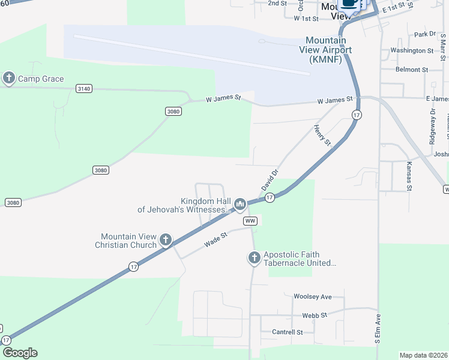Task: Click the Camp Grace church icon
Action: click(8, 78)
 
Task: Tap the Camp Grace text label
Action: click(41, 79)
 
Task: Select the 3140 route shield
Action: click(84, 89)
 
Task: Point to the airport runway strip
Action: click(192, 54)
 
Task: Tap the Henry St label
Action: click(322, 135)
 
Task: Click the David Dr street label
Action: click(270, 180)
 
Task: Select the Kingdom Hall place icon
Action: click(240, 205)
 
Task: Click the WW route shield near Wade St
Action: click(251, 221)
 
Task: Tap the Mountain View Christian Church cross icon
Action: click(166, 241)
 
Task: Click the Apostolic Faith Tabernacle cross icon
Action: click(254, 258)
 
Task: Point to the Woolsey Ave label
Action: click(312, 297)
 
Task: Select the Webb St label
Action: click(315, 315)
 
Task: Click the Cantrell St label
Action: click(288, 332)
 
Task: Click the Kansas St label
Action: click(409, 176)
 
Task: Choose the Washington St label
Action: click(412, 51)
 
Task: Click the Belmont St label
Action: click(412, 70)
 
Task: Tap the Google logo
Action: click(19, 353)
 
